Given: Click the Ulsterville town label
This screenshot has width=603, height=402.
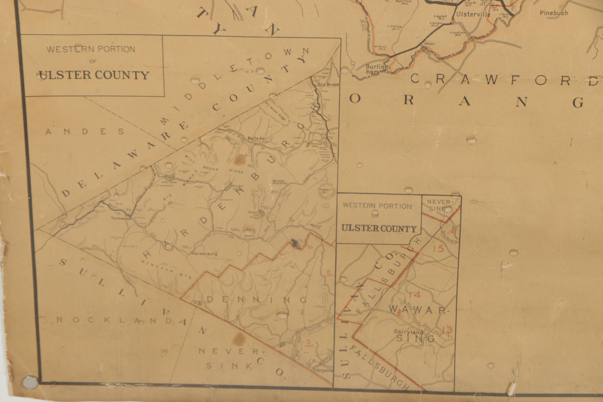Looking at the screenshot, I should (x=473, y=14).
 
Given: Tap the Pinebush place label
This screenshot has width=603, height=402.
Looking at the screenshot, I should (x=554, y=13).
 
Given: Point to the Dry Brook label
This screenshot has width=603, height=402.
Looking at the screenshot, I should (x=328, y=84).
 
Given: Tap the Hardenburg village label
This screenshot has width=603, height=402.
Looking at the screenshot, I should (x=204, y=254).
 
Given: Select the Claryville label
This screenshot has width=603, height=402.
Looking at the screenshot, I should (x=323, y=370).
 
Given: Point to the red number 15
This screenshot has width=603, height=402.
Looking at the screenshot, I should (x=438, y=249).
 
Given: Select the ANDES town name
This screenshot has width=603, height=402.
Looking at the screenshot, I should (x=85, y=132).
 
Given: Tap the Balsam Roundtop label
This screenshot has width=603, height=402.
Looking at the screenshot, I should (x=280, y=182).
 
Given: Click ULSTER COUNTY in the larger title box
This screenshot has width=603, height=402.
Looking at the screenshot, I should (x=94, y=75).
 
